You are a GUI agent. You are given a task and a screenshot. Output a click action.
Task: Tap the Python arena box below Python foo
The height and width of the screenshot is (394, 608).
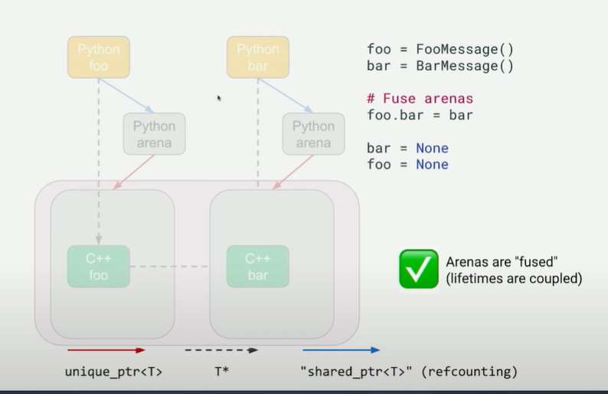point(154,134)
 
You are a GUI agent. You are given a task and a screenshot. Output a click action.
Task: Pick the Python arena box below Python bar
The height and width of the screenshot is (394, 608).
point(313,134)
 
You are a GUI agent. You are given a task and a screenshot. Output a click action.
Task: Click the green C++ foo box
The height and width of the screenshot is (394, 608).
point(98,267)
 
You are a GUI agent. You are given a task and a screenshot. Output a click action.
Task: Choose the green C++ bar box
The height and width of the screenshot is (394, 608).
point(257,267)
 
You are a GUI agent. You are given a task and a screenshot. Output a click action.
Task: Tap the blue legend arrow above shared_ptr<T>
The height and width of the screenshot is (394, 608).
point(340,350)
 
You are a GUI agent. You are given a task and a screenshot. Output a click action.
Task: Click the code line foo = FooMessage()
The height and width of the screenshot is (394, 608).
point(440,50)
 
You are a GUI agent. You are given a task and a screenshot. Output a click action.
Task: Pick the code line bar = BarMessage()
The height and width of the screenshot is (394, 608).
point(440,66)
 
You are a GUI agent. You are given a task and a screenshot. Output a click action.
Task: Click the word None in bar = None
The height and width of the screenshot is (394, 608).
point(432,148)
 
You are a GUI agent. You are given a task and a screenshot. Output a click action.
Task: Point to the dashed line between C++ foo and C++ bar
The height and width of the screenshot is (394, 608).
point(169,267)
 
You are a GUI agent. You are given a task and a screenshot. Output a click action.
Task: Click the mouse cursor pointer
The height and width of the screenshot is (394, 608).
point(219,98)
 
